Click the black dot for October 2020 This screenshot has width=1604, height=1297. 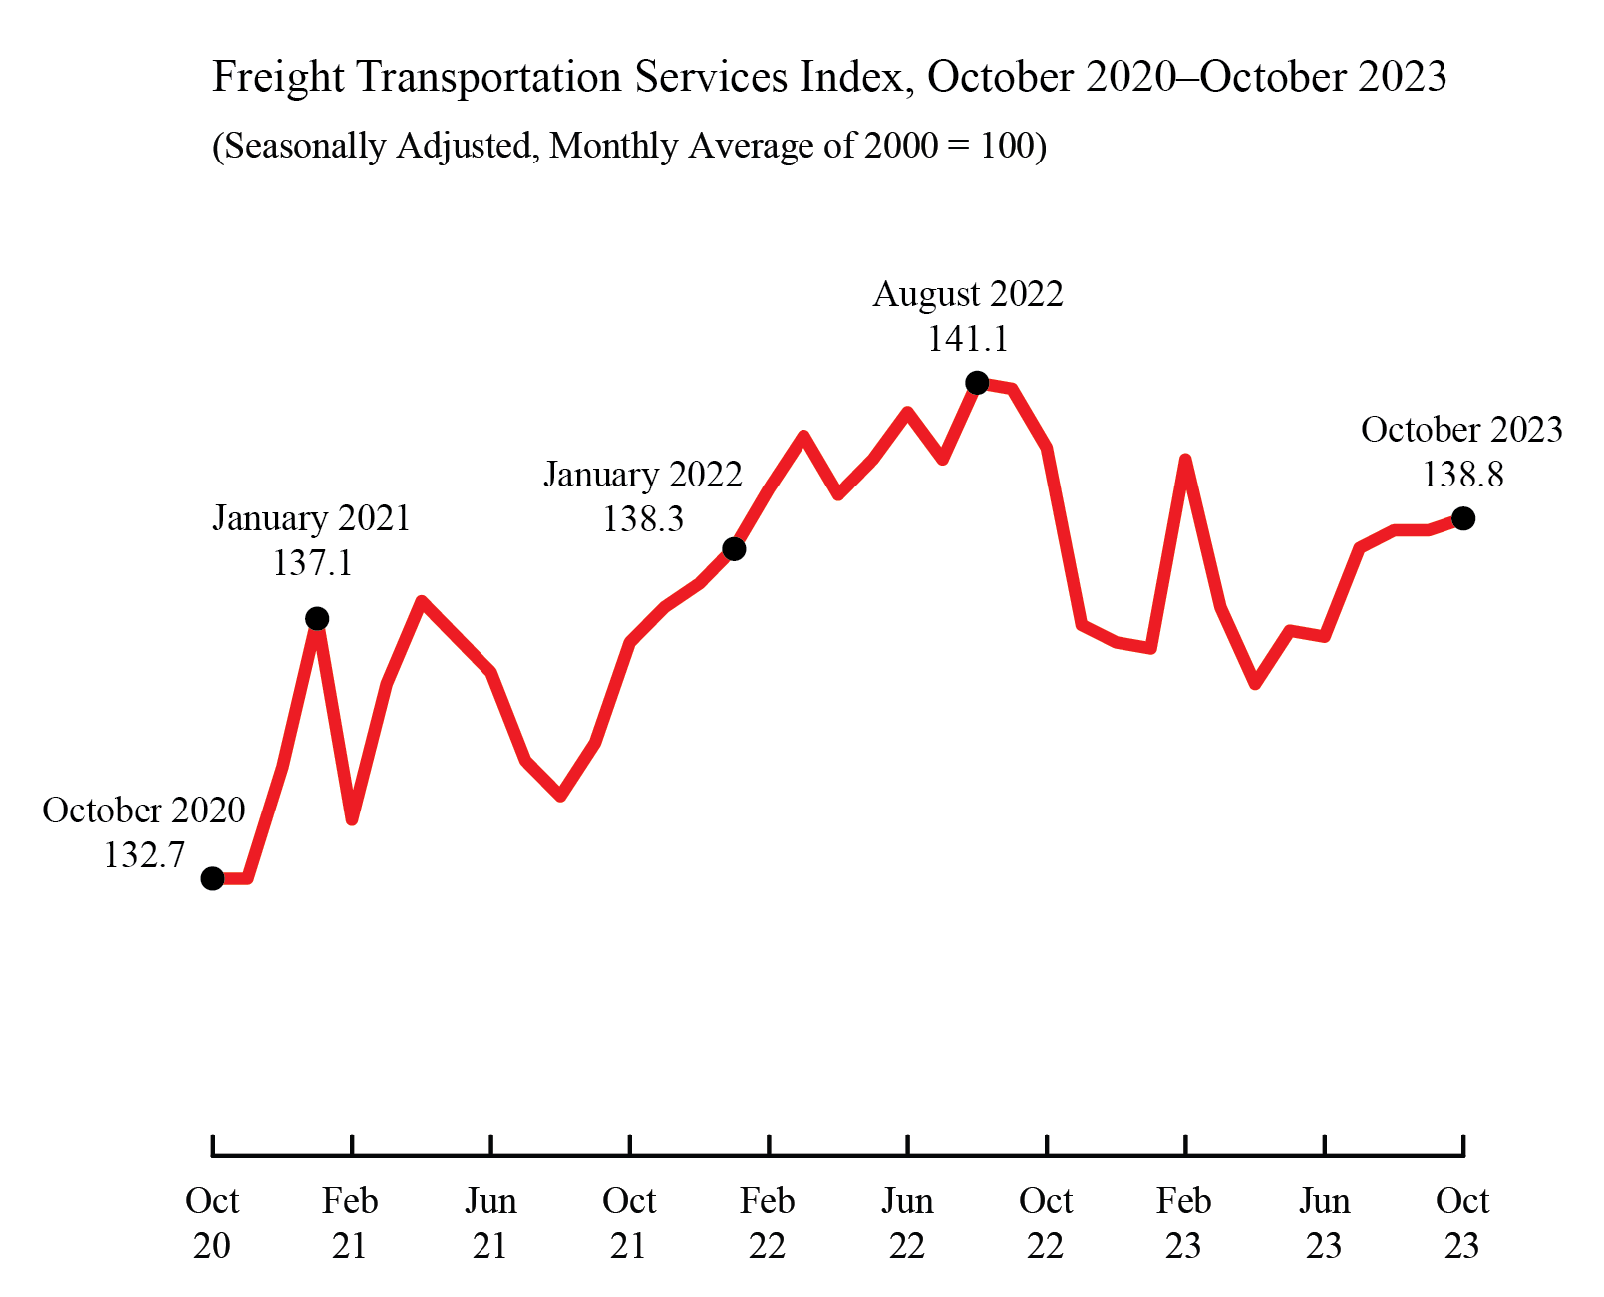(x=212, y=878)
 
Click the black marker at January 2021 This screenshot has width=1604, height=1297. (x=317, y=619)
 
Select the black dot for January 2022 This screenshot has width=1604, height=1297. (x=734, y=549)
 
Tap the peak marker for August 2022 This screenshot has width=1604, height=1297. (x=977, y=383)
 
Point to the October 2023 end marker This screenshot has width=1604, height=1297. (x=1463, y=518)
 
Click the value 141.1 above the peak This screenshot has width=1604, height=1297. (x=968, y=339)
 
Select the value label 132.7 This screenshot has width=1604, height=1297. (x=145, y=855)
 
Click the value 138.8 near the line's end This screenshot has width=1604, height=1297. (x=1462, y=475)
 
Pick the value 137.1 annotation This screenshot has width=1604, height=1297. (x=312, y=563)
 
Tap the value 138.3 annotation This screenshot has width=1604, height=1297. (x=643, y=518)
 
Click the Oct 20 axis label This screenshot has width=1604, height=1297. (x=212, y=1223)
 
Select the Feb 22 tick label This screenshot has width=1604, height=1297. (x=768, y=1223)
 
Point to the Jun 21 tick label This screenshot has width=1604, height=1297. (x=490, y=1223)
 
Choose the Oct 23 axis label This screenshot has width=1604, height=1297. (x=1462, y=1223)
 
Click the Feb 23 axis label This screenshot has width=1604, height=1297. (x=1184, y=1223)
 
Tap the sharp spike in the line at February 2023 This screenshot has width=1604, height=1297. (x=1185, y=460)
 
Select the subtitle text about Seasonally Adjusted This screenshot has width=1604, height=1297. (x=629, y=146)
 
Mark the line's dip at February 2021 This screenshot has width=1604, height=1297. (x=352, y=819)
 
